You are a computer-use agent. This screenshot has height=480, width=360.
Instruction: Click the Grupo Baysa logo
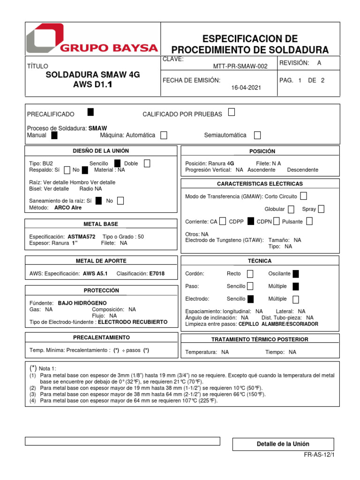click(x=92, y=39)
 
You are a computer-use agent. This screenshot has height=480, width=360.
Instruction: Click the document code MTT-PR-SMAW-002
click(x=240, y=67)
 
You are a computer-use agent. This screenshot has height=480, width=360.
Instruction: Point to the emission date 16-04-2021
click(x=247, y=88)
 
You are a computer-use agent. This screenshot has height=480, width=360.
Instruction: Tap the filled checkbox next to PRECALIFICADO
click(x=90, y=112)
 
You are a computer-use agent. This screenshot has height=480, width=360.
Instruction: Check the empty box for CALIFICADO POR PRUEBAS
click(x=232, y=112)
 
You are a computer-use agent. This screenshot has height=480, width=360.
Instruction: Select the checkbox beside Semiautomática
click(x=257, y=135)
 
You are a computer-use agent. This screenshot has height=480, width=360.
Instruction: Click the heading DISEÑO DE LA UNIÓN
click(x=101, y=151)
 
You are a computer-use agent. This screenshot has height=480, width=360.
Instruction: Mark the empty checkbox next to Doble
click(x=147, y=163)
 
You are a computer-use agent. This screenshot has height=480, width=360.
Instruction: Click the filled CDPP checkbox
click(x=251, y=221)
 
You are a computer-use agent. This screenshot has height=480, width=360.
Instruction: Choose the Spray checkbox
click(x=321, y=209)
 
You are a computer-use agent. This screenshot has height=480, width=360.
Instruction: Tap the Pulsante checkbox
click(x=309, y=221)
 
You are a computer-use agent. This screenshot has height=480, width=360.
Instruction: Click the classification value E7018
click(x=157, y=273)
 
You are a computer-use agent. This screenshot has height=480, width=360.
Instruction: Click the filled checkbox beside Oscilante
click(x=296, y=274)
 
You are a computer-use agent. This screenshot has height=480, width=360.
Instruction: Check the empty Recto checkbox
click(x=250, y=274)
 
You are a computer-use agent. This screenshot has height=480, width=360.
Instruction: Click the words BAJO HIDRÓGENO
click(x=82, y=303)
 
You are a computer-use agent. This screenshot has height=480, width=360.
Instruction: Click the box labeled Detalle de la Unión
click(x=283, y=444)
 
